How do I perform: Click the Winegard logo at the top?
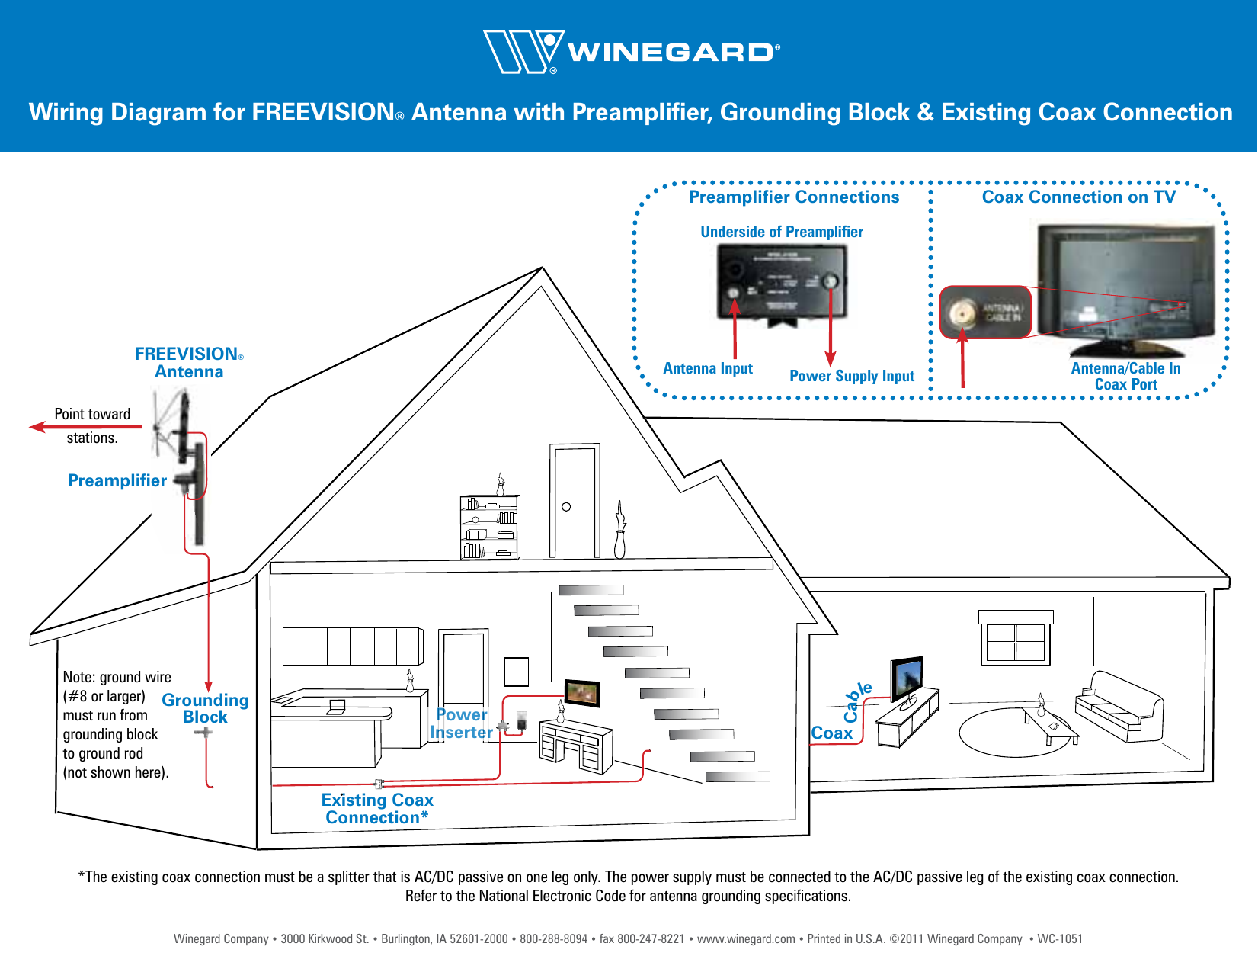631,52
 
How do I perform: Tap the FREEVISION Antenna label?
188,363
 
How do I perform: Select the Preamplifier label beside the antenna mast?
117,481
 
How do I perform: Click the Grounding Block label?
205,708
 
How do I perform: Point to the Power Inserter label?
461,723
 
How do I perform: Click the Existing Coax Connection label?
377,809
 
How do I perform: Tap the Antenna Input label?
707,369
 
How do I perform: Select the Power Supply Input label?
851,376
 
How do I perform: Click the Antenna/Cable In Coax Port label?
1125,377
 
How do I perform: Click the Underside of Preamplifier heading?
781,232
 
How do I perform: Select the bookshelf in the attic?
490,528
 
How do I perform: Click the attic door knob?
566,507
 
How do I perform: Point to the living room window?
1015,639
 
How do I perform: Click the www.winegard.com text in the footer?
745,939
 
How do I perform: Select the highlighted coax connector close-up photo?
984,312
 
